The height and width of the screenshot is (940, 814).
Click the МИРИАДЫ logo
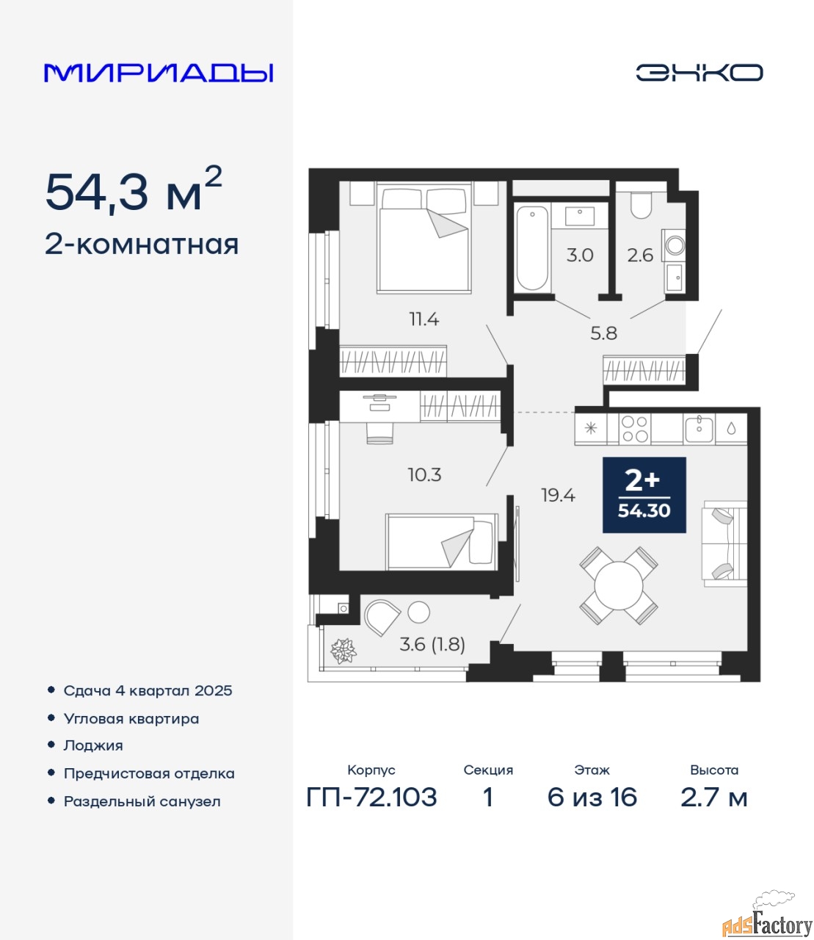(158, 73)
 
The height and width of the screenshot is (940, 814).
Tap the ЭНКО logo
(699, 73)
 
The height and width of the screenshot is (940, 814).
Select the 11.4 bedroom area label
(424, 319)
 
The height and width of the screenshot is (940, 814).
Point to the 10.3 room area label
(424, 475)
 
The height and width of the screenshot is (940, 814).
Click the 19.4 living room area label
(558, 495)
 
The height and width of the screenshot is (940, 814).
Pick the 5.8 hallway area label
(603, 333)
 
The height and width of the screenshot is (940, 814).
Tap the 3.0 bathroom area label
(580, 255)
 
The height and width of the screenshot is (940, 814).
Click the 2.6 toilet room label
(640, 255)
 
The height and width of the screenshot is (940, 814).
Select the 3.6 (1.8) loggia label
(432, 644)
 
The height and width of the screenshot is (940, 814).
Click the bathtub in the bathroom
(532, 247)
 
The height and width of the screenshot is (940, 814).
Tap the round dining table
(619, 586)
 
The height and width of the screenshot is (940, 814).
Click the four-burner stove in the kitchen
(635, 429)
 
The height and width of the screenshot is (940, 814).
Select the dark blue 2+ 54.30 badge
(644, 494)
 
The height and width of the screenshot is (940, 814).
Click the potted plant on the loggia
(344, 651)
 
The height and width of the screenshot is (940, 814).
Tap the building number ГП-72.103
(372, 797)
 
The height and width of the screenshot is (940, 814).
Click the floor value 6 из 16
(592, 797)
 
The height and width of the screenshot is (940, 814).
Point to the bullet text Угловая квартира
(131, 719)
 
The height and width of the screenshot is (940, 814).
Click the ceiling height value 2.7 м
(713, 797)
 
